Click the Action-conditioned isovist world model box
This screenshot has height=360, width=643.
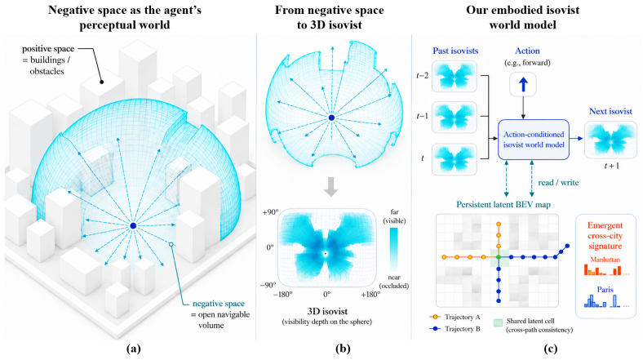pos(534,140)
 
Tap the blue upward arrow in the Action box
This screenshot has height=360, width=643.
pos(523,84)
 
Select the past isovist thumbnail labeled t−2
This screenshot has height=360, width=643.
pos(455,77)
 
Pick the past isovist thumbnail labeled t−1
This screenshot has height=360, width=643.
pos(455,118)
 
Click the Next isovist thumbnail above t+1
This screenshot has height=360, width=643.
pos(610,140)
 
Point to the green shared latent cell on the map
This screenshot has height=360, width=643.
pos(499,257)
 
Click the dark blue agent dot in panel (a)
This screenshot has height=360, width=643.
pos(133,226)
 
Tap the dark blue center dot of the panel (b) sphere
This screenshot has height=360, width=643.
pos(331,118)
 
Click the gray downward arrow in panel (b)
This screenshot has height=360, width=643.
pos(331,187)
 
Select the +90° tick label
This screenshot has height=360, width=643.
pos(270,212)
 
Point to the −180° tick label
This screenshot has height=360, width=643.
pos(283,295)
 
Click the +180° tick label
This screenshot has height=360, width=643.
pos(370,295)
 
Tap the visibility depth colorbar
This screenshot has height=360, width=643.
pos(393,249)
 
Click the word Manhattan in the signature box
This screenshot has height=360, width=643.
pos(605,260)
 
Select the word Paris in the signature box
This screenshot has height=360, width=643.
pos(605,290)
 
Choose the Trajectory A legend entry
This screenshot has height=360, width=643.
pos(455,317)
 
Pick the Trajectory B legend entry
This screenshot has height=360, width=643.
pos(455,329)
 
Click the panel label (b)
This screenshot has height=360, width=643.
pos(343,349)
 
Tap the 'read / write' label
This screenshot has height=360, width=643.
pos(558,183)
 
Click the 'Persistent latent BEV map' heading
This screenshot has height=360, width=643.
pos(503,205)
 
